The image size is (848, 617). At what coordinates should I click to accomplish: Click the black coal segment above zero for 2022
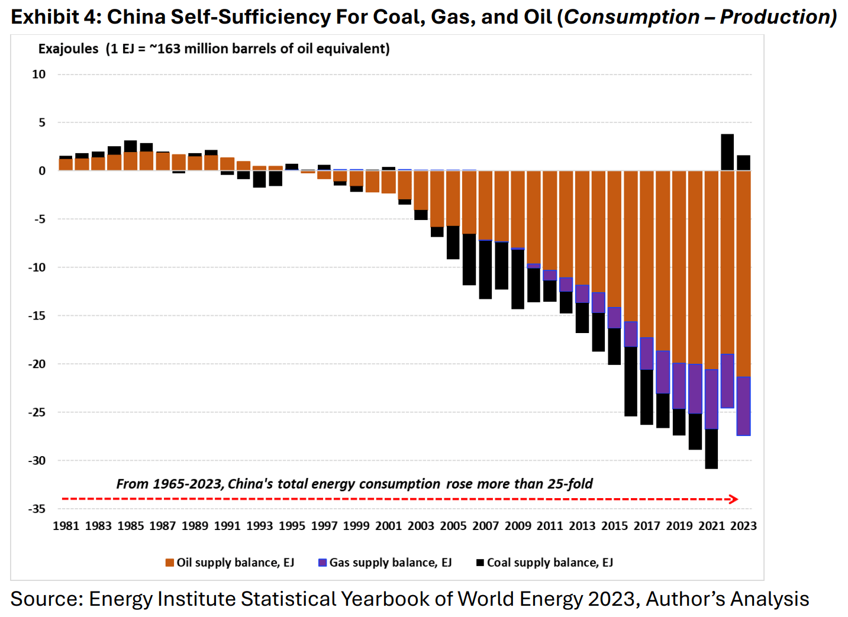tap(727, 152)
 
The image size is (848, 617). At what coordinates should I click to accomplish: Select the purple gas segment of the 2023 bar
tap(743, 406)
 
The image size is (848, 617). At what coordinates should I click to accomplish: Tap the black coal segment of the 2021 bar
tap(711, 449)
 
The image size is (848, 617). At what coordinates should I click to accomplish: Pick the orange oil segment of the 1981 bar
tap(66, 164)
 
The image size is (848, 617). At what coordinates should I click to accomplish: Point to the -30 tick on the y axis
tap(37, 461)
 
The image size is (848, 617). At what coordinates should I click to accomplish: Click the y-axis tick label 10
tap(38, 75)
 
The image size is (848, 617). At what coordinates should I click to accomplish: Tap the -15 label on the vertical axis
tap(37, 316)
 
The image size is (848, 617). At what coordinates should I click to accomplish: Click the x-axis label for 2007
tap(485, 526)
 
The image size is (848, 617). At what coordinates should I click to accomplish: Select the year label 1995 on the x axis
tap(292, 526)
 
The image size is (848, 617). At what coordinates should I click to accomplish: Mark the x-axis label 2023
tap(743, 526)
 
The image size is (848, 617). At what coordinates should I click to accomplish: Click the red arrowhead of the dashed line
tap(734, 499)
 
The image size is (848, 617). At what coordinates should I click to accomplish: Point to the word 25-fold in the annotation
tap(570, 484)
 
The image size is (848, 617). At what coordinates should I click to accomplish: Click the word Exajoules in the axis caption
tap(68, 49)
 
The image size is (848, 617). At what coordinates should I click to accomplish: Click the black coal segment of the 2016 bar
tap(630, 382)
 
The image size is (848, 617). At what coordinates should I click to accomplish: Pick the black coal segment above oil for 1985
tap(130, 147)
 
